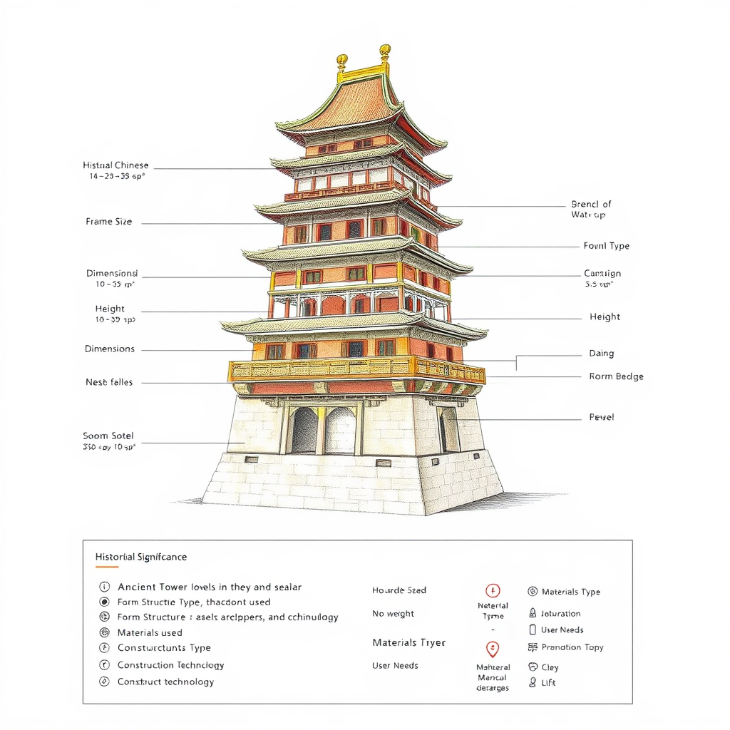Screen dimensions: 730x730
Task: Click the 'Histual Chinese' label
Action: [115, 165]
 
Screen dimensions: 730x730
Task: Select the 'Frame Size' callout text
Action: [109, 222]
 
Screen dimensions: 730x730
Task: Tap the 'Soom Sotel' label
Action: [108, 436]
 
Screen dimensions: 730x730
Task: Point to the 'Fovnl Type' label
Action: [607, 246]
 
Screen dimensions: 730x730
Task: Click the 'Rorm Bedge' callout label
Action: [616, 376]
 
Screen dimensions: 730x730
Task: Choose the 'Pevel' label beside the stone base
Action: [602, 417]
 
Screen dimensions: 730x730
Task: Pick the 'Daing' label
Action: [602, 354]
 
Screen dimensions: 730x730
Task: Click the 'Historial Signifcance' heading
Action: [141, 557]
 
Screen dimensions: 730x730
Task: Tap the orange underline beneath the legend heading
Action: [107, 567]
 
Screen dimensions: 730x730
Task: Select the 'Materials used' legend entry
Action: [150, 632]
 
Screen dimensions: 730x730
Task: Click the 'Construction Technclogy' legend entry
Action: [170, 665]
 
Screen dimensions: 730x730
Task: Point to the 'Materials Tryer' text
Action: [408, 642]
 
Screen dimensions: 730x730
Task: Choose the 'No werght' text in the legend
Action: [393, 614]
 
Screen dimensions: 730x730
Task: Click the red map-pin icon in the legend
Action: [493, 649]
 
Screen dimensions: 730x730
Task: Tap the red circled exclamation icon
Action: [493, 590]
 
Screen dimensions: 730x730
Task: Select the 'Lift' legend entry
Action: [548, 683]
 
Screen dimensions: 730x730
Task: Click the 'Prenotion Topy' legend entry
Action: [572, 647]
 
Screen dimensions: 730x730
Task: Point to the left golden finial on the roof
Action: [342, 60]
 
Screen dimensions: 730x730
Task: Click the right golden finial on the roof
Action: [385, 51]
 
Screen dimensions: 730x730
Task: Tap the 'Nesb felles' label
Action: [109, 383]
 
